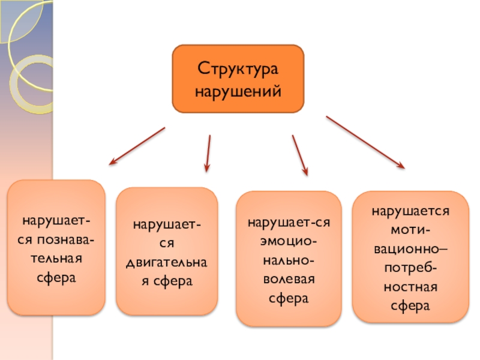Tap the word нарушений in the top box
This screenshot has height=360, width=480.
click(238, 92)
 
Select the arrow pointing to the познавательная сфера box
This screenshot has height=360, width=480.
click(137, 145)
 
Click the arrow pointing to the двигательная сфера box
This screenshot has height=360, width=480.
click(208, 154)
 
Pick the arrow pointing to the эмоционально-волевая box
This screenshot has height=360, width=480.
click(300, 155)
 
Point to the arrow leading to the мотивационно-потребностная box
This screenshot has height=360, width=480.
click(365, 142)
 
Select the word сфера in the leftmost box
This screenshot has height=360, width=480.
click(56, 278)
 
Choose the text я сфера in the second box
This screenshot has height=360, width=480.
click(167, 281)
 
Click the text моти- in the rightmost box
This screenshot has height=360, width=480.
click(410, 230)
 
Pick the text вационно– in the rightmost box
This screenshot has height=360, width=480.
click(410, 248)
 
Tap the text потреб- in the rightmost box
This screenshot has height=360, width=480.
click(410, 267)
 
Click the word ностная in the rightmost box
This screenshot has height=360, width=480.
click(410, 286)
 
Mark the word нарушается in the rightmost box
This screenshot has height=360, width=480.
click(410, 211)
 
